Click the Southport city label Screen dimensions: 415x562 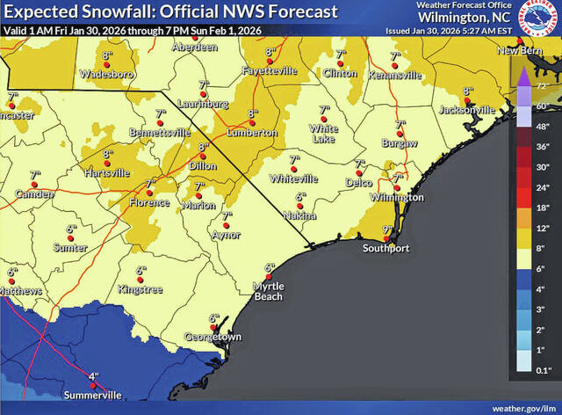[x=386, y=249]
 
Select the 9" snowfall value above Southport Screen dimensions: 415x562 [x=386, y=230]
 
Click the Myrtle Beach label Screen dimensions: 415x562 [x=269, y=291]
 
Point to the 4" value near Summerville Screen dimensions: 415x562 [x=94, y=375]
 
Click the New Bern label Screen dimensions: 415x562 [x=517, y=51]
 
